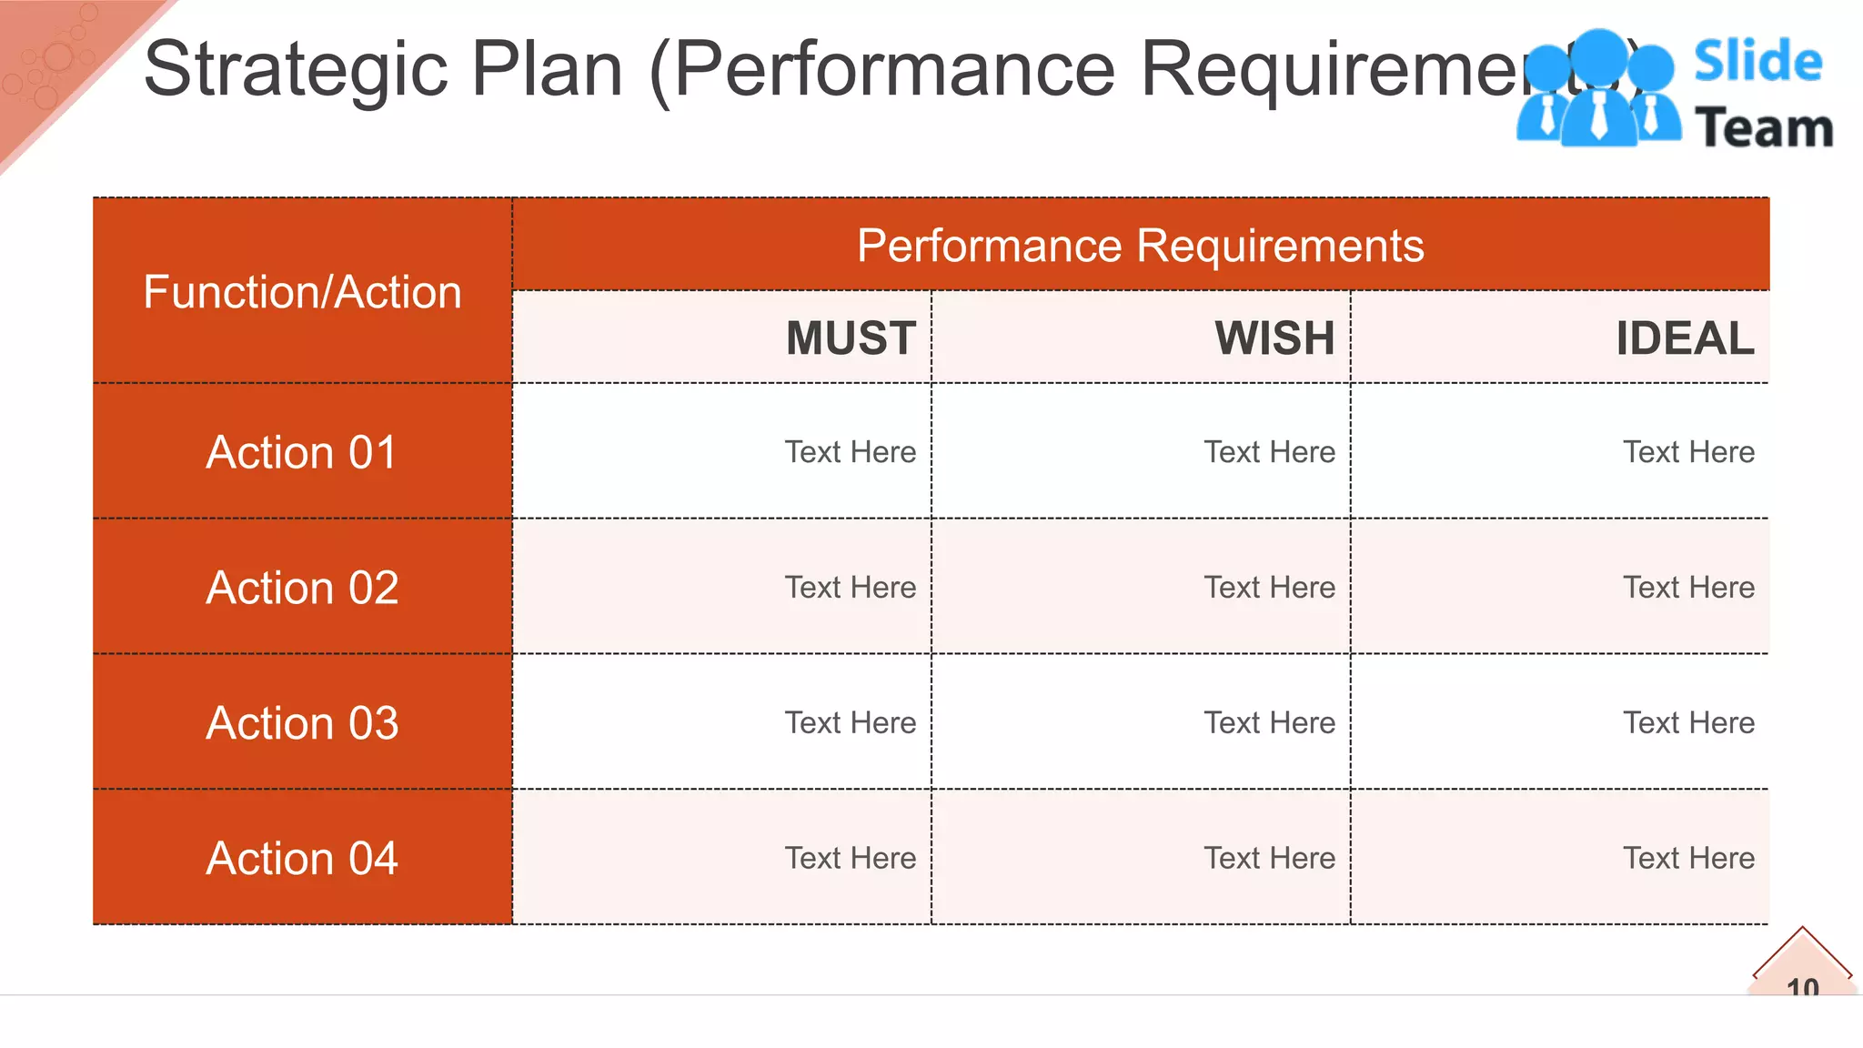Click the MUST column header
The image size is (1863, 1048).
tap(851, 338)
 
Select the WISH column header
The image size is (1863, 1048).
tap(1274, 338)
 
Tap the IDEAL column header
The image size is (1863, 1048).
tap(1685, 338)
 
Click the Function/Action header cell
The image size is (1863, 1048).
tap(302, 292)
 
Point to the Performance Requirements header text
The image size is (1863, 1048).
tap(1140, 246)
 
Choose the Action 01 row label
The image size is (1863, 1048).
tap(302, 452)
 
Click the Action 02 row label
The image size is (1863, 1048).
tap(302, 588)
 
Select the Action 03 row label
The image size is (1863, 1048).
tap(302, 723)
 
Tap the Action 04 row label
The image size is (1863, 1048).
tap(302, 858)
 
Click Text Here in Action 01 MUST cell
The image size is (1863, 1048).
tap(851, 452)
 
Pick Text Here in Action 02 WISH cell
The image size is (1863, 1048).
tap(1270, 588)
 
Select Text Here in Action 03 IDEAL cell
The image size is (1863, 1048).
tap(1689, 723)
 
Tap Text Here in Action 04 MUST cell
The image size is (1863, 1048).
tap(851, 858)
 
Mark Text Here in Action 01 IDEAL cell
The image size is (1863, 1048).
tap(1689, 452)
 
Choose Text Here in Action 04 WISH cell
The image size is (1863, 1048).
tap(1270, 858)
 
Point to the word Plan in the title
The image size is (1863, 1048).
tap(547, 69)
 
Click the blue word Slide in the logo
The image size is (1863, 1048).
tap(1757, 62)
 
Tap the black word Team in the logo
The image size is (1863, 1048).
tap(1764, 128)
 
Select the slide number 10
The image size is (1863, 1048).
tap(1802, 987)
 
